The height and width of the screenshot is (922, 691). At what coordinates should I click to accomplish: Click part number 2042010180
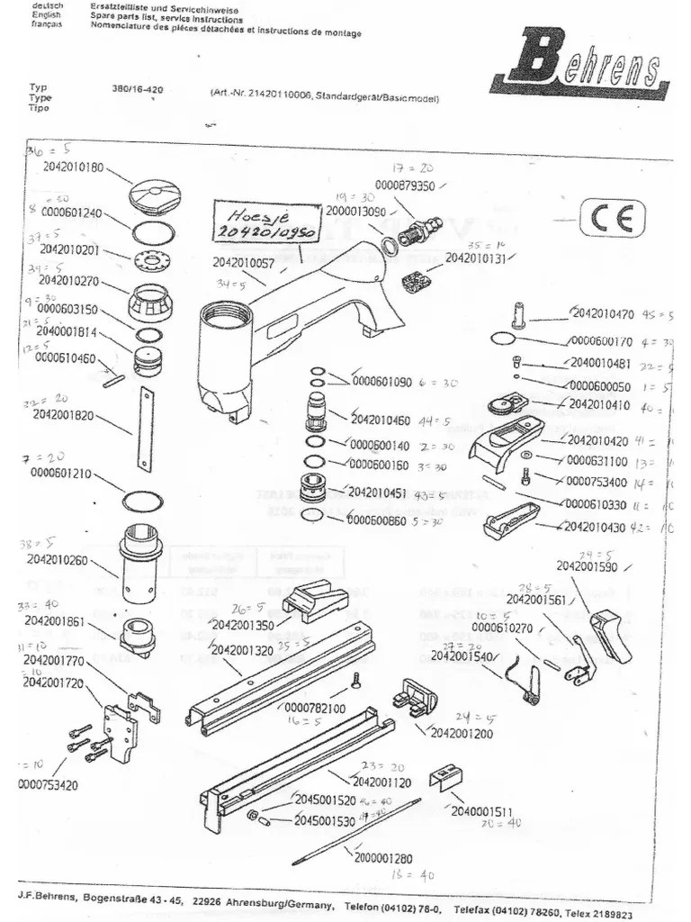(73, 167)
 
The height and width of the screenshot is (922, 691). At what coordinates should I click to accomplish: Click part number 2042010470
(602, 314)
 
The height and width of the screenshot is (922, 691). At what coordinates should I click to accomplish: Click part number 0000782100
(314, 709)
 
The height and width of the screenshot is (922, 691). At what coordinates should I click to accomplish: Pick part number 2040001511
(483, 812)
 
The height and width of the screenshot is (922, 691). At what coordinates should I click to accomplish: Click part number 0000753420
(48, 784)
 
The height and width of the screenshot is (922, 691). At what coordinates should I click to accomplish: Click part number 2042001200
(462, 733)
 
